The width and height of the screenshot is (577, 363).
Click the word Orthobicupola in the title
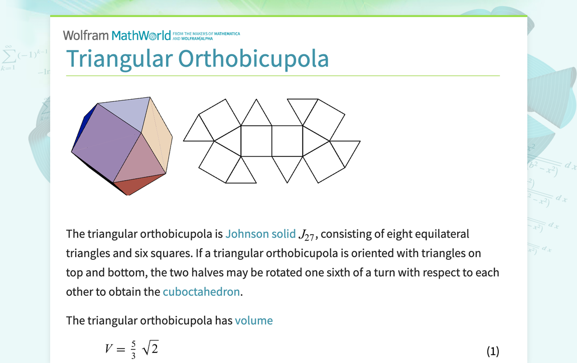click(x=253, y=59)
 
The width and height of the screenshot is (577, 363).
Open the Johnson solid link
click(x=260, y=234)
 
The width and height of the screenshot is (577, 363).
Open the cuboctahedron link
click(x=201, y=292)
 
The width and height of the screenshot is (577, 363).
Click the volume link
click(x=253, y=320)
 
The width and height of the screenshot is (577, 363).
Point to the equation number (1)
click(x=493, y=351)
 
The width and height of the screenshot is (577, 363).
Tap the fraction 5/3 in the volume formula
click(x=133, y=348)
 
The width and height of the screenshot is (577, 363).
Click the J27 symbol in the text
click(x=306, y=235)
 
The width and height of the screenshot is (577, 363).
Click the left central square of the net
click(x=256, y=141)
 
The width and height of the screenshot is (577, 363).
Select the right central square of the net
click(x=287, y=141)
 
